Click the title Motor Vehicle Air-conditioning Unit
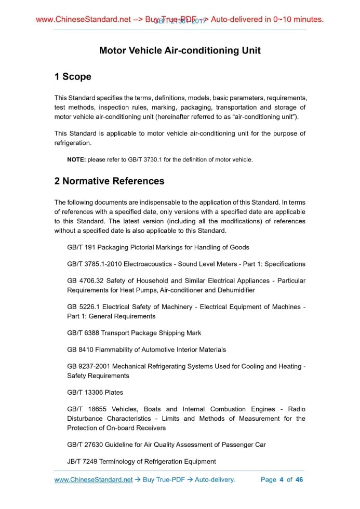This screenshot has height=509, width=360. click(180, 50)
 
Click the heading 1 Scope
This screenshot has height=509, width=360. click(73, 77)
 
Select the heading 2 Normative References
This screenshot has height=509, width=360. click(109, 181)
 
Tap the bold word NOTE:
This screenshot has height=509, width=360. click(76, 159)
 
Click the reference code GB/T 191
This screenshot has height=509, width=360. click(81, 247)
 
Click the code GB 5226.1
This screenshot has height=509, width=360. click(83, 307)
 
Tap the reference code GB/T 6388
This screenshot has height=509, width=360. click(83, 333)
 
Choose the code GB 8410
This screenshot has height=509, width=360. click(81, 350)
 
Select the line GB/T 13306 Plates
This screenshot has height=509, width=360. click(95, 392)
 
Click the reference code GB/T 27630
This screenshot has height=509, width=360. click(85, 445)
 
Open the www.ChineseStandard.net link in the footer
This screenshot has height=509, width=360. click(94, 479)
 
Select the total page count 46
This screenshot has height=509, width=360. click(299, 479)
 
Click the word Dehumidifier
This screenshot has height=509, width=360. click(237, 290)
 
